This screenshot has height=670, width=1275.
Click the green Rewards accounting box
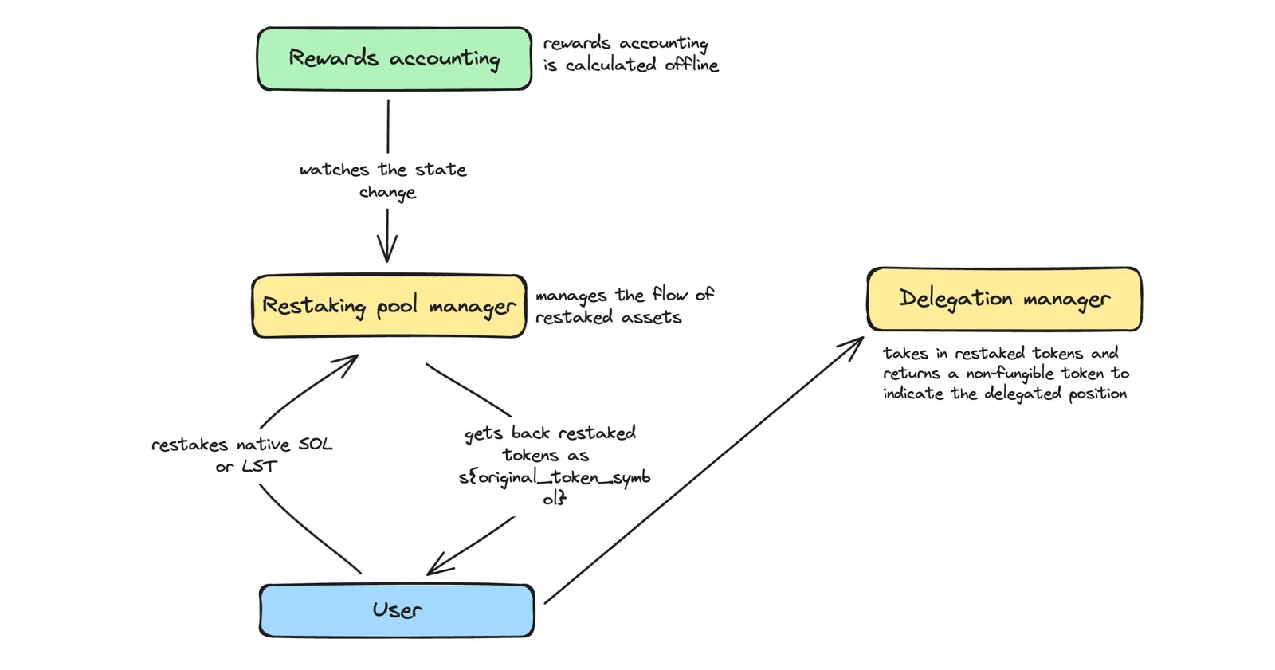394,59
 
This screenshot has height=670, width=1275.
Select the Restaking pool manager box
390,306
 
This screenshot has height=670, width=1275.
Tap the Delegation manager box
1005,300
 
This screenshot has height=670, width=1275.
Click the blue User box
397,610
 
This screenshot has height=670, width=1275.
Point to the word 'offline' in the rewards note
692,65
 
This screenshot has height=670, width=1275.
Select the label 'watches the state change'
383,181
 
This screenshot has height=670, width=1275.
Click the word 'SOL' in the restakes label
315,444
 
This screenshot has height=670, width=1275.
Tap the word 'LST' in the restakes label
260,467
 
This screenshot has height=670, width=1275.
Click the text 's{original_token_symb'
555,477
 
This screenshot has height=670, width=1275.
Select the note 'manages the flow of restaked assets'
625,306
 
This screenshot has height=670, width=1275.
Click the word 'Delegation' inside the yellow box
955,299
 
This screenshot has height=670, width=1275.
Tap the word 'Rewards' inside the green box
333,57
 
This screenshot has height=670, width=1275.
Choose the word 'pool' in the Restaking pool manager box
397,306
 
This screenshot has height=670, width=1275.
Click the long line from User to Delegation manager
704,470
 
